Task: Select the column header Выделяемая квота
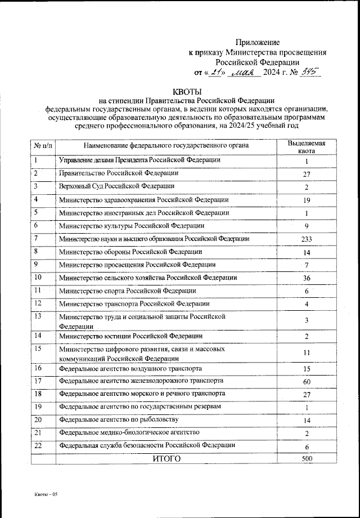[307, 147]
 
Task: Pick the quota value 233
[307, 239]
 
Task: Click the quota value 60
[307, 381]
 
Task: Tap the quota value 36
[307, 278]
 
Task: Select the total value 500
[307, 459]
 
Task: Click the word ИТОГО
[167, 459]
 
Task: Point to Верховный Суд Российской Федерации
[116, 186]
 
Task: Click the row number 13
[38, 317]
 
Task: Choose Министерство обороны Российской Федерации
[130, 252]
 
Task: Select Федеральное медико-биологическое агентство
[129, 432]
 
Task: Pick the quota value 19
[307, 200]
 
